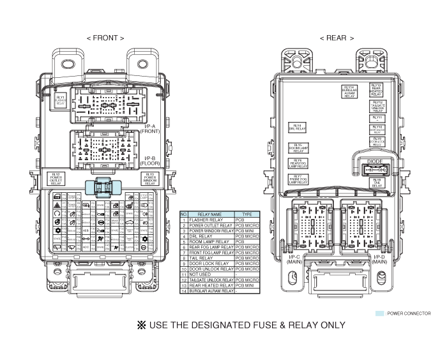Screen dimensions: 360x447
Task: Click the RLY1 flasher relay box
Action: coord(61,100)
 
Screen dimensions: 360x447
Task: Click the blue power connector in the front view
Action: coord(103,188)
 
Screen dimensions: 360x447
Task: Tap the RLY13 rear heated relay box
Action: coord(377,89)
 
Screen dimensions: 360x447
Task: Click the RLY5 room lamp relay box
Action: coord(298,148)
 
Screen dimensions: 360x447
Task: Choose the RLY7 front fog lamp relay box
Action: coord(297,178)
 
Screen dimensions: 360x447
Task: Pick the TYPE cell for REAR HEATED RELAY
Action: coord(246,285)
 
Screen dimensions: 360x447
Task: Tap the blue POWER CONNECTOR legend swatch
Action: coord(381,313)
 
